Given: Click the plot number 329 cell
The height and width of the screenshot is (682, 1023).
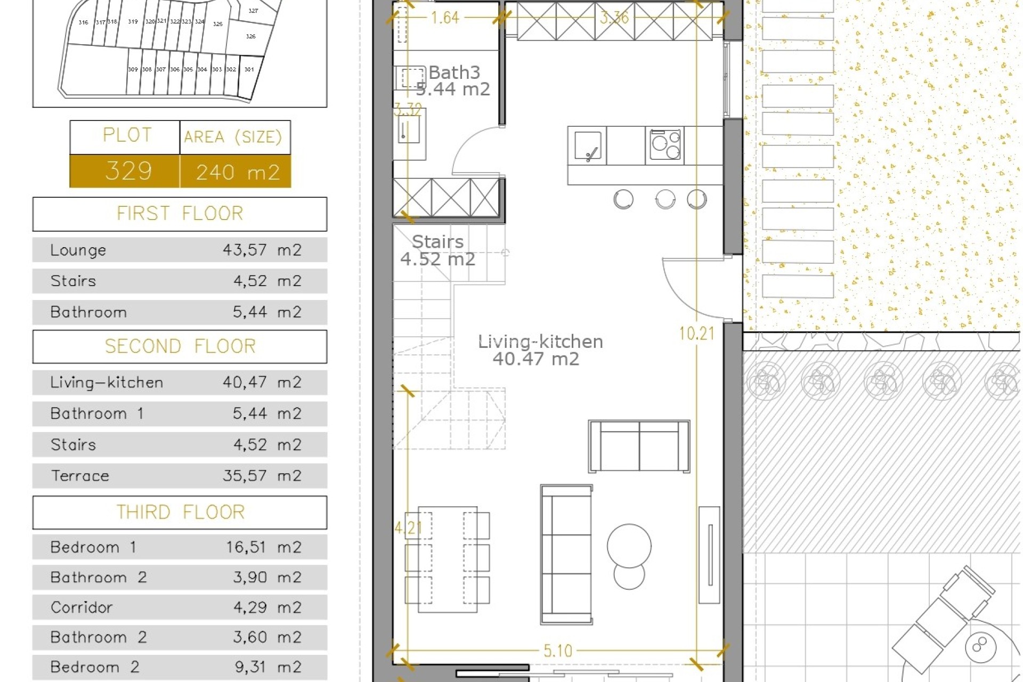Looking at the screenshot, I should [x=128, y=172].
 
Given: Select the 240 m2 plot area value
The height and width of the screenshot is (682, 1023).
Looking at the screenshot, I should [x=238, y=172].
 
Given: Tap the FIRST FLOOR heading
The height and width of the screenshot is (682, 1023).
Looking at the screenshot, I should [x=180, y=214].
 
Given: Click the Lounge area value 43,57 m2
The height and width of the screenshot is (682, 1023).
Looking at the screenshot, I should [x=262, y=250].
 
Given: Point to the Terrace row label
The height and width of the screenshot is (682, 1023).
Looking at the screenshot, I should [x=80, y=476].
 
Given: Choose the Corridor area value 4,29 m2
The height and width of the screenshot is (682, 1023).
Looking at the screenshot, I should [x=267, y=607].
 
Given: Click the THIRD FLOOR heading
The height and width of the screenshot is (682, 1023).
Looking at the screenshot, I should [x=180, y=513].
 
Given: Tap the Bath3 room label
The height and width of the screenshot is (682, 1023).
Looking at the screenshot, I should [x=454, y=72].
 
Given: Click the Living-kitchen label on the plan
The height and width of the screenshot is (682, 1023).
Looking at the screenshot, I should [x=540, y=342].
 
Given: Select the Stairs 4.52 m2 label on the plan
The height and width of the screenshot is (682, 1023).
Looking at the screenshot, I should [x=437, y=250].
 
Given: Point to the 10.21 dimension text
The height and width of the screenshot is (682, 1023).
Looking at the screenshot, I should [x=696, y=334].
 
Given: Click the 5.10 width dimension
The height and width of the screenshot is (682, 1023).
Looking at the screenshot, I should [x=557, y=651].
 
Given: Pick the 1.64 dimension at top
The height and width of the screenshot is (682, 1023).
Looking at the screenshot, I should [x=444, y=18].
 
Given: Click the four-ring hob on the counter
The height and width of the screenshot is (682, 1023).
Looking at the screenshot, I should [x=664, y=145].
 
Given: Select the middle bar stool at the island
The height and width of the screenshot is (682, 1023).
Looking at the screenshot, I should [x=665, y=199].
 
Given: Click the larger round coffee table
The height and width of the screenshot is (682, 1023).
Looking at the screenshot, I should [x=629, y=546].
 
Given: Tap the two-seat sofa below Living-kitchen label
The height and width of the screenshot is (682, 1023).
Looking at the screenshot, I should [x=639, y=446].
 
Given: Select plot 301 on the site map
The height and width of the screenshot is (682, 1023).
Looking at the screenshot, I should [x=249, y=70].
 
